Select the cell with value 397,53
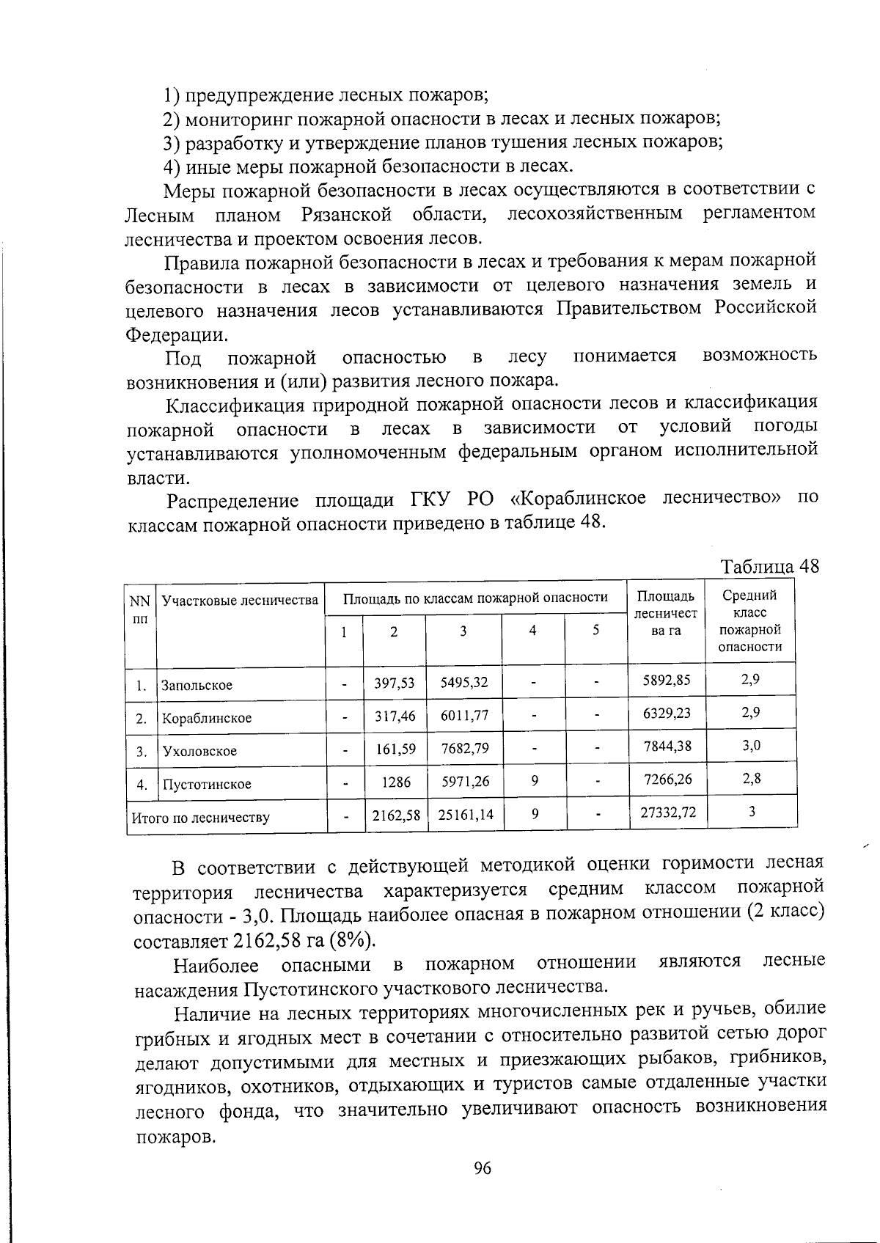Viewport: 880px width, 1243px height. click(x=395, y=683)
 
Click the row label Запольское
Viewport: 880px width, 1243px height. click(x=197, y=686)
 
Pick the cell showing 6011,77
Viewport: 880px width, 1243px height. click(x=464, y=715)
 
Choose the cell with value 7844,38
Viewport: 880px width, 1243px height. click(x=666, y=746)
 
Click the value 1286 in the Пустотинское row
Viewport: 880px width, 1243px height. click(x=396, y=782)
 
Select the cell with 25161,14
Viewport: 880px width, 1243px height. click(x=466, y=814)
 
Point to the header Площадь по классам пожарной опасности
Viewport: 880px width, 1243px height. click(x=476, y=597)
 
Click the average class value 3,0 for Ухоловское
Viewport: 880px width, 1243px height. click(x=751, y=746)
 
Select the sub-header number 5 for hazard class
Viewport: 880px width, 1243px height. click(x=595, y=630)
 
